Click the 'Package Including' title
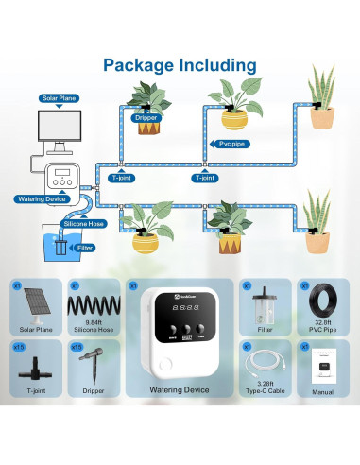point(180,65)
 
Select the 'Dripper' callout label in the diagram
point(146,118)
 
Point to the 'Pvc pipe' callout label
point(219,144)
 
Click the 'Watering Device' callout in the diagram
point(43,199)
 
